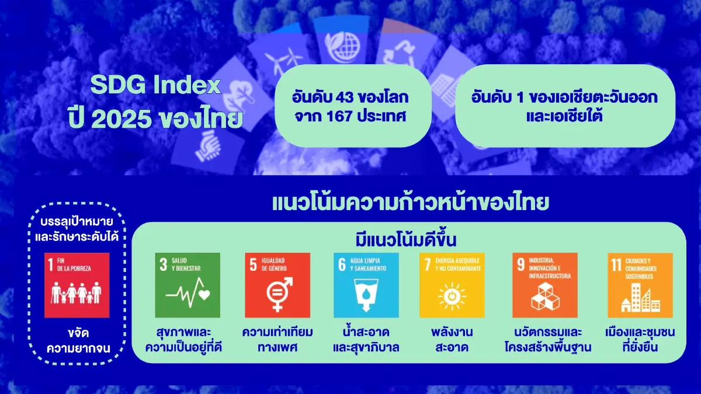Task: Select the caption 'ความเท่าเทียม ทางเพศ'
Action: (x=277, y=340)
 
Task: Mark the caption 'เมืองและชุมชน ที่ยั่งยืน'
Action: (x=640, y=340)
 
